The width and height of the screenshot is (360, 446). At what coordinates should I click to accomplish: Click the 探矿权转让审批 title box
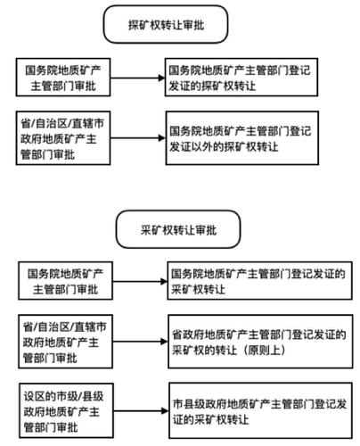point(166,24)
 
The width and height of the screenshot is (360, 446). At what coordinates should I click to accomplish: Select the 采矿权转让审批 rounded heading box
point(178,229)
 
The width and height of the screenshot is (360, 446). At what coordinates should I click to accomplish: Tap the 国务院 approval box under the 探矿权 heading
point(63,78)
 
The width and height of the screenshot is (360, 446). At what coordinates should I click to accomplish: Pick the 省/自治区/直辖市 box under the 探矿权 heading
point(63,138)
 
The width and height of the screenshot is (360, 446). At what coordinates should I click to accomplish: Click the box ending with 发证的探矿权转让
point(241,78)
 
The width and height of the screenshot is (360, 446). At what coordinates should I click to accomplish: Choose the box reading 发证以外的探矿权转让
point(242,138)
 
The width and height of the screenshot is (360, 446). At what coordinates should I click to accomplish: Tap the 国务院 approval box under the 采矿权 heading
point(65,281)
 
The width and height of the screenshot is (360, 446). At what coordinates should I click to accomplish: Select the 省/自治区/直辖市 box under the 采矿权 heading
point(65,342)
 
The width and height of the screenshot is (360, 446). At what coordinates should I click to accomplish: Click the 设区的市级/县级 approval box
point(66,410)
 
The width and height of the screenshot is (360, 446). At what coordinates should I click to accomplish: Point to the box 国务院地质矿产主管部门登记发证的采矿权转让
point(260,281)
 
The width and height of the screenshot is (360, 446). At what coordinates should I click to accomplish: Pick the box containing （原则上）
point(260,342)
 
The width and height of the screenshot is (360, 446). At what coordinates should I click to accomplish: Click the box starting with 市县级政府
point(261,410)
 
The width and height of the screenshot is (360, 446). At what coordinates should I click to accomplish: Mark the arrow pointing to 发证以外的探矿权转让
point(138,138)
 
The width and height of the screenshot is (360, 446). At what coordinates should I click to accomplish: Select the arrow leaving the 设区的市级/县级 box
point(141,411)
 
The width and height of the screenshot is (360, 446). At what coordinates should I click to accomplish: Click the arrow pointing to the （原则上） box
point(141,342)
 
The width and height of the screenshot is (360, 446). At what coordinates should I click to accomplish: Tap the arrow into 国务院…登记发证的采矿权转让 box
point(140,281)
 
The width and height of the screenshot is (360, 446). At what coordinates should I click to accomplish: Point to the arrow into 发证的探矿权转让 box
point(138,78)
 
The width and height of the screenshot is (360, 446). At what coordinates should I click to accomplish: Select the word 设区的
point(40,396)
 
